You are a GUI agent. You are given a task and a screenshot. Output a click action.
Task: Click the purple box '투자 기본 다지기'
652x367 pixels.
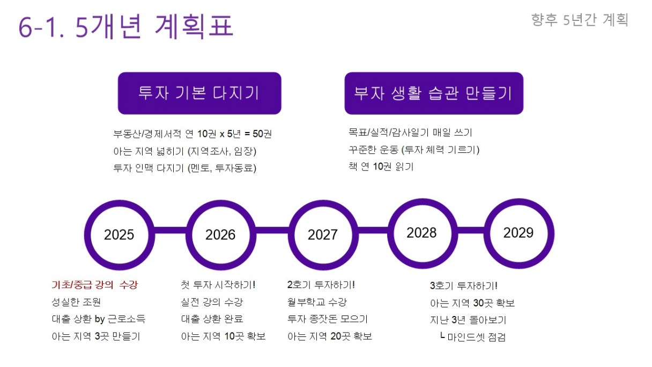199,93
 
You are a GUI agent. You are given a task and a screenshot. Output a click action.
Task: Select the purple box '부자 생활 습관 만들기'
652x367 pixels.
434,93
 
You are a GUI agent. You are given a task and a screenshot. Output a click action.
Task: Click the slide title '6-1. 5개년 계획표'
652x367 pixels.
126,26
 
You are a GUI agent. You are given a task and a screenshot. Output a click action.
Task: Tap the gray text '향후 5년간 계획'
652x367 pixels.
580,20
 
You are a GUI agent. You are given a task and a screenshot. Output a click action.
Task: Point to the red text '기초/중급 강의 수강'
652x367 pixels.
95,284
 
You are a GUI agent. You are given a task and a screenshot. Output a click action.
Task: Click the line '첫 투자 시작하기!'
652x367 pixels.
218,284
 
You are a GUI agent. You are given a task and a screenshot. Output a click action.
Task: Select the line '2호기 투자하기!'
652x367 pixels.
321,284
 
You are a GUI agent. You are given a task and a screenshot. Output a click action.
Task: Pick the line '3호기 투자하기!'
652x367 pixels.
464,286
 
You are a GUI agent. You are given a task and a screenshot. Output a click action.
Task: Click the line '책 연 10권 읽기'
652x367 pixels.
381,167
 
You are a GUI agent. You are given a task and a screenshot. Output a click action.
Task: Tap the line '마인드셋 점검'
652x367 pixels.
473,337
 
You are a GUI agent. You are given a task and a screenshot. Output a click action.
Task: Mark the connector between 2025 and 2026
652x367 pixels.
171,230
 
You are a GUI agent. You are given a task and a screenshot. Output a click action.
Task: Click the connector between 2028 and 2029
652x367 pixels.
471,230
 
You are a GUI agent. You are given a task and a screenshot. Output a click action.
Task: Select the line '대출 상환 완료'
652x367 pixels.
212,319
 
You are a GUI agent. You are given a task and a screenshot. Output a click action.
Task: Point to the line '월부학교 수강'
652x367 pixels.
317,302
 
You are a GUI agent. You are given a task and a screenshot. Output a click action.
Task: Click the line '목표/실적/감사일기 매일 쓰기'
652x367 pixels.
410,133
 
